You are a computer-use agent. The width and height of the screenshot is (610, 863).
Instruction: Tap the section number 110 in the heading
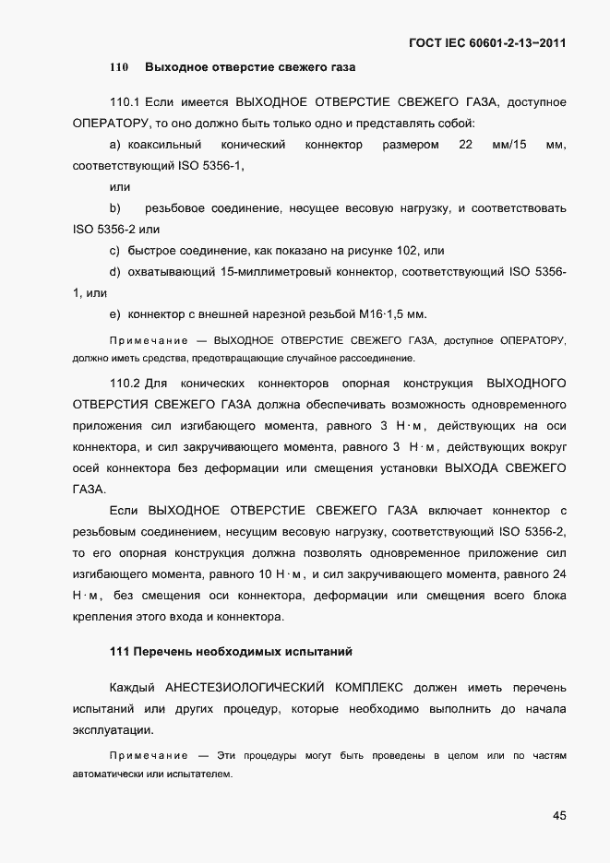[118, 67]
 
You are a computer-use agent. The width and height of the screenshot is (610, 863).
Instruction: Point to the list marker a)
[115, 145]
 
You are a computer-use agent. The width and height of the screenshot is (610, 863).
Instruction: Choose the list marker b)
[115, 208]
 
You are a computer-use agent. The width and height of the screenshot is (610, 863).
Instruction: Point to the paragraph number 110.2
[124, 382]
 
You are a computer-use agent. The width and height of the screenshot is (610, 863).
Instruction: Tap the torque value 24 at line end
[558, 573]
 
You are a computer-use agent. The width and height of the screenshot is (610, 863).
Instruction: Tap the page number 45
[559, 815]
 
